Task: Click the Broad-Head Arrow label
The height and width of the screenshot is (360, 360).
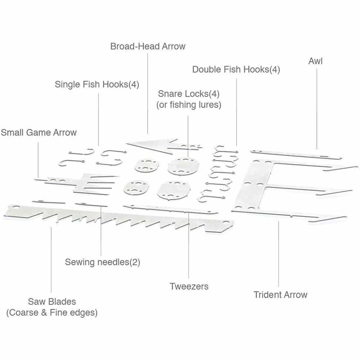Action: [x=148, y=46]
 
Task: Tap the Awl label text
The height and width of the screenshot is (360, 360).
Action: [x=315, y=61]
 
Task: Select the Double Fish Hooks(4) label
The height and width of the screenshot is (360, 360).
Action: [x=236, y=69]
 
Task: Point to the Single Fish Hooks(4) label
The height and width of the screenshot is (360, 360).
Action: [x=97, y=84]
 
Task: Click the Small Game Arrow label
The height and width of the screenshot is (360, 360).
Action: [x=39, y=132]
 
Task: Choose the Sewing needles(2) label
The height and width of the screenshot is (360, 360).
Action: [x=102, y=262]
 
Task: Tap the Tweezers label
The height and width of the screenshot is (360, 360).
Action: [x=189, y=286]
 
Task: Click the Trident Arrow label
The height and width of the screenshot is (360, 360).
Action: [x=280, y=294]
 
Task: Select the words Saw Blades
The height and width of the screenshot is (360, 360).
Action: [x=52, y=301]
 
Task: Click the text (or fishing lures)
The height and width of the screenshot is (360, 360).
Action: [x=189, y=105]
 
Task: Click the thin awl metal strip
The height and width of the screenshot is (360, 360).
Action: [x=296, y=154]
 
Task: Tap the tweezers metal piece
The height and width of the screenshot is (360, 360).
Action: [x=170, y=210]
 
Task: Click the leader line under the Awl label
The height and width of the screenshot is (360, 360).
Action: [x=317, y=109]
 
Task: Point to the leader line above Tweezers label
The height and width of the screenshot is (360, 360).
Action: [x=189, y=245]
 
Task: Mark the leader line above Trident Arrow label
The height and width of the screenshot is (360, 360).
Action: [x=279, y=254]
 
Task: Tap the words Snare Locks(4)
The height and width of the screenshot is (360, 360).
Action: [x=189, y=94]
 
